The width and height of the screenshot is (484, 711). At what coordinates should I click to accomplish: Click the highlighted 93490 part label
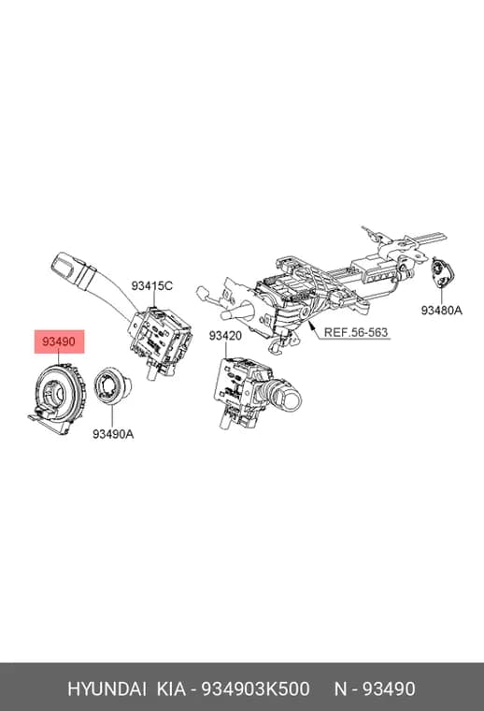click(59, 341)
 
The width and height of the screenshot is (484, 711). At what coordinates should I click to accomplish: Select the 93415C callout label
click(152, 286)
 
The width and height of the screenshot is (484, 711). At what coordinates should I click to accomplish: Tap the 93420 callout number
click(225, 336)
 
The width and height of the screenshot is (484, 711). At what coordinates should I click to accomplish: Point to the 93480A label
click(441, 311)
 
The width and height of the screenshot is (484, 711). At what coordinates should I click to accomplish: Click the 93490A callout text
click(113, 434)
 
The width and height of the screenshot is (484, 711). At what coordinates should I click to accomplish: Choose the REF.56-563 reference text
click(356, 332)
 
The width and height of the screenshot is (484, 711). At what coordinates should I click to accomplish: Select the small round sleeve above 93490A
click(112, 385)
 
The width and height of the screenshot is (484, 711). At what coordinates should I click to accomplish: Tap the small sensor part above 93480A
click(440, 272)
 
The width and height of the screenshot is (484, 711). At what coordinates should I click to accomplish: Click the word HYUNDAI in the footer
click(107, 689)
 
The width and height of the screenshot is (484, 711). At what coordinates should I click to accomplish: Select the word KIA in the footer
click(171, 689)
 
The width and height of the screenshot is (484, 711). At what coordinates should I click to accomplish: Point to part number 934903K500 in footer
click(255, 689)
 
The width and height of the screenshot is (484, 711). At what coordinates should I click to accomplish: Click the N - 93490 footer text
click(375, 689)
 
